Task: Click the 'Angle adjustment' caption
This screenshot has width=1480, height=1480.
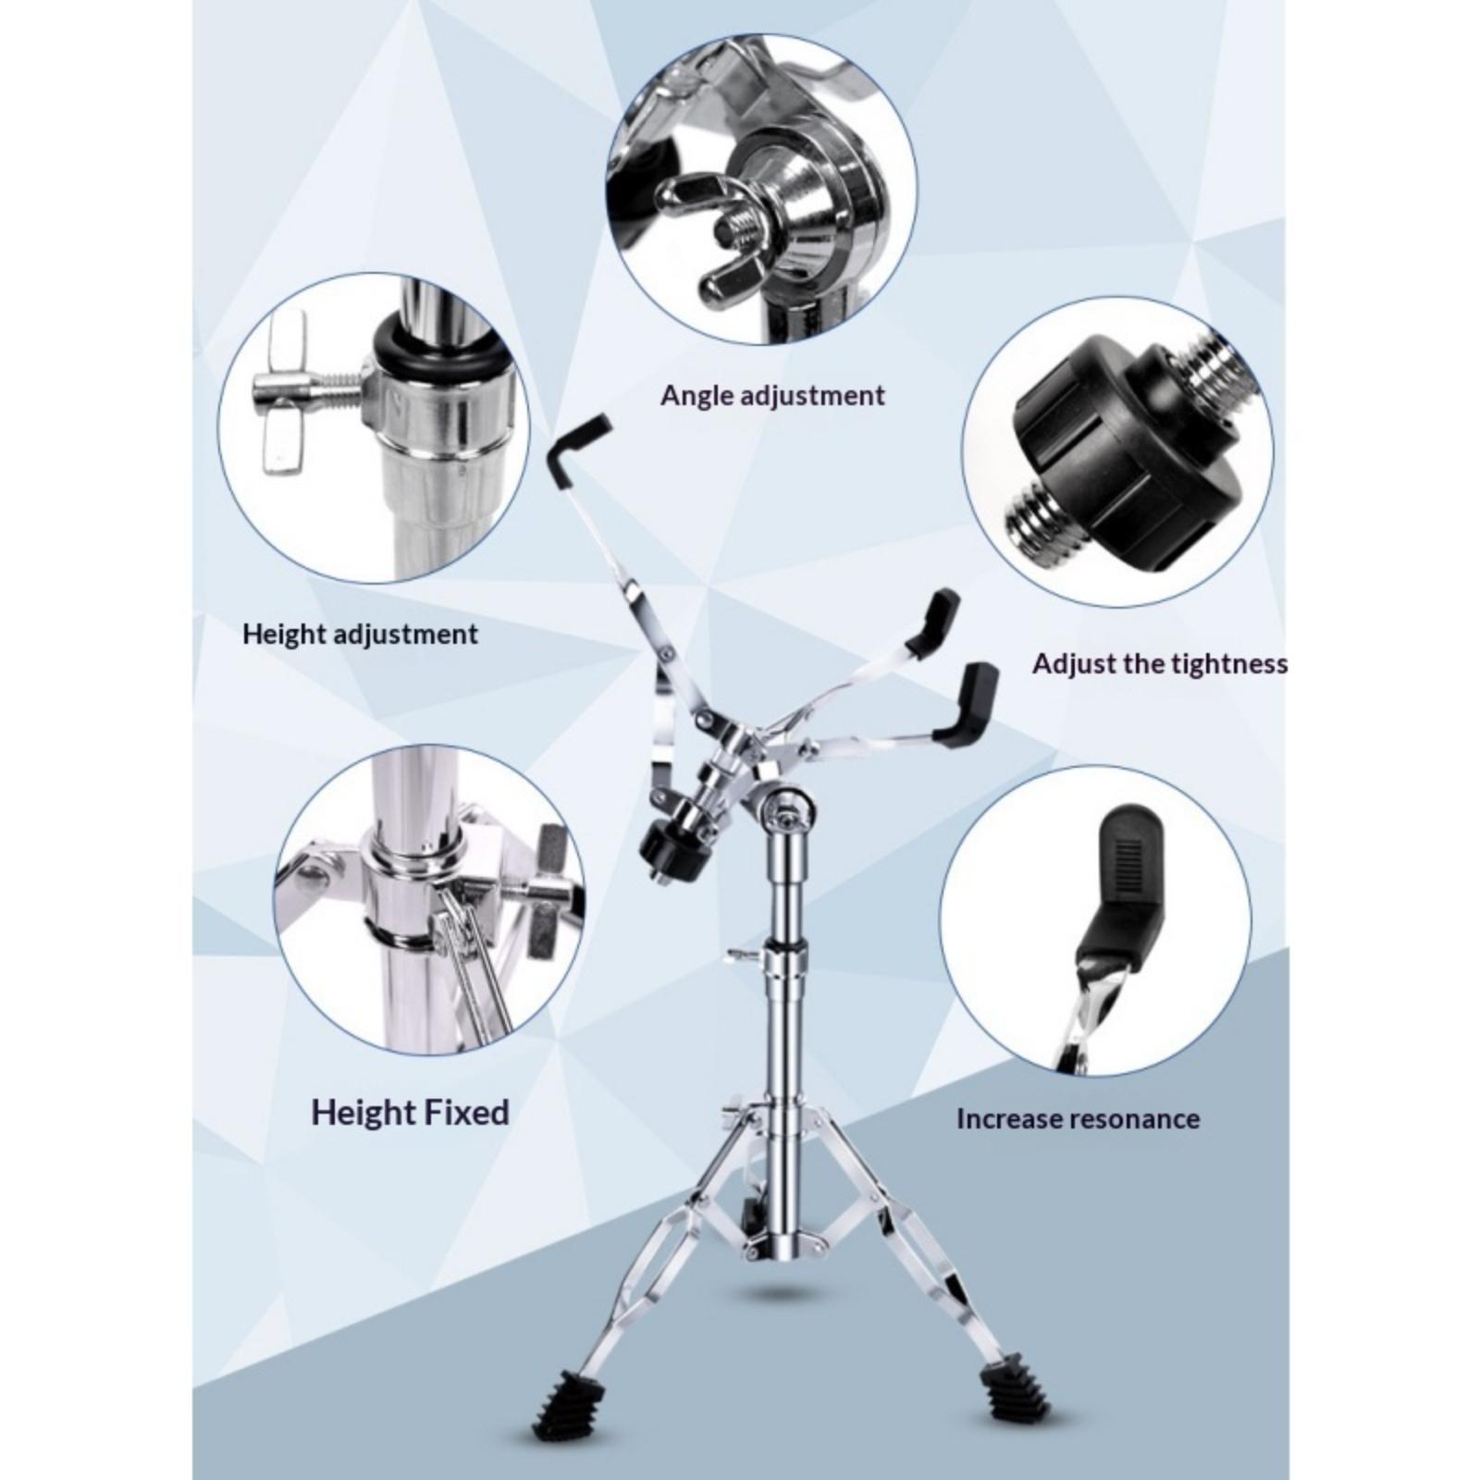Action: click(772, 396)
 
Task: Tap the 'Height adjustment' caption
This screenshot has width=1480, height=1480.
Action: click(360, 635)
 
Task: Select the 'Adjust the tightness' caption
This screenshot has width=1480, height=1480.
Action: click(1159, 664)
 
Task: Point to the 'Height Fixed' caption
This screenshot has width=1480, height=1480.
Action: click(410, 1111)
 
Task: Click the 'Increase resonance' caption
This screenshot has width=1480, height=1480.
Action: click(1078, 1119)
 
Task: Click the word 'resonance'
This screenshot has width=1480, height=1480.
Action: click(1130, 1120)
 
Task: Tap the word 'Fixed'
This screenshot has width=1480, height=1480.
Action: click(462, 1111)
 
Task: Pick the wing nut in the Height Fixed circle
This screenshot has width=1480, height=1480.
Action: click(546, 888)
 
